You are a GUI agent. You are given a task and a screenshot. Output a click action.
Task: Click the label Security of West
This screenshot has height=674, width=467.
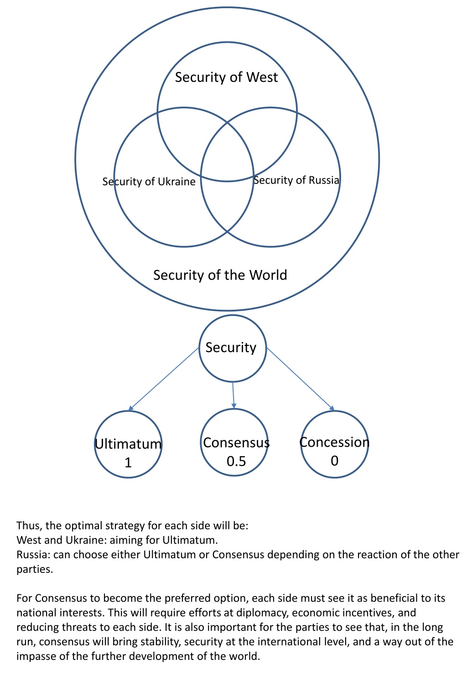tap(226, 77)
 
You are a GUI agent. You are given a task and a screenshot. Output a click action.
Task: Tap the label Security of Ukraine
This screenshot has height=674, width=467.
tap(149, 181)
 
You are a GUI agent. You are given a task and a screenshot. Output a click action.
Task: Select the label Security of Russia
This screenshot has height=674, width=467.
tap(296, 180)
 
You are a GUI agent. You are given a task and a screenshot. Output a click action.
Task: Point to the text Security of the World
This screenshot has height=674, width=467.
tap(220, 275)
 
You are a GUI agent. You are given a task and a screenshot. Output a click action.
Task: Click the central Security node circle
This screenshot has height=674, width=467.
tap(199, 348)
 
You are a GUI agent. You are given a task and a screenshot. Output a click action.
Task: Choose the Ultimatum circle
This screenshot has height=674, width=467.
tap(95, 444)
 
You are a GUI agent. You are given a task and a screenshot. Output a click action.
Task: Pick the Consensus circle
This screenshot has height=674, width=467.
tap(201, 442)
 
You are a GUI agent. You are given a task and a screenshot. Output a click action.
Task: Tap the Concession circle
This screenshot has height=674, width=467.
tap(301, 444)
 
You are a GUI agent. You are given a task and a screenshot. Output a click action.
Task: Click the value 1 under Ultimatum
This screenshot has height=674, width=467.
tap(128, 463)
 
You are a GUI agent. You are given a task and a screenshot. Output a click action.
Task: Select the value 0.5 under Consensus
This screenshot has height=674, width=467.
tap(236, 461)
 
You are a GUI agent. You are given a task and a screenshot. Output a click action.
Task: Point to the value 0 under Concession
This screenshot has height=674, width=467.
tap(334, 461)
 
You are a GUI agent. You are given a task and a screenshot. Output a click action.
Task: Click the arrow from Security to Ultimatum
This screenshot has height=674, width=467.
tap(164, 379)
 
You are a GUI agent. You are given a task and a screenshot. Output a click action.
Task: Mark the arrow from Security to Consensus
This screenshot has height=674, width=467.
tap(233, 395)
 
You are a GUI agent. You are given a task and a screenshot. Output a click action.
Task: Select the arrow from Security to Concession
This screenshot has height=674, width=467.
tap(301, 379)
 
